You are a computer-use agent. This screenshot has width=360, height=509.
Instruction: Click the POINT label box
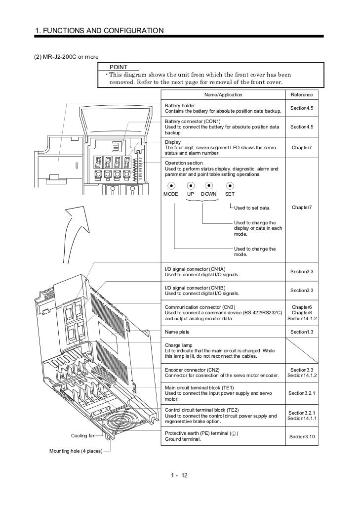[x=119, y=67]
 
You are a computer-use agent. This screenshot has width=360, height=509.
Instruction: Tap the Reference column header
[x=301, y=95]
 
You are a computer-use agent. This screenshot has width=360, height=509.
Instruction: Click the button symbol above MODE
[x=171, y=186]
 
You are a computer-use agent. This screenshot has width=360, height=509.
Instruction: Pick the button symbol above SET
[x=230, y=186]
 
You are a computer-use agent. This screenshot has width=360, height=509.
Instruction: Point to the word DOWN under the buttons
[x=209, y=194]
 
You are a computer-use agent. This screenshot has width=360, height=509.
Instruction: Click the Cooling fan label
[x=82, y=436]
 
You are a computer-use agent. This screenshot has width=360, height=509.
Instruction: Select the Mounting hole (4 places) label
[x=76, y=451]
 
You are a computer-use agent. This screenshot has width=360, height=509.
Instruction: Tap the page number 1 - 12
[x=179, y=476]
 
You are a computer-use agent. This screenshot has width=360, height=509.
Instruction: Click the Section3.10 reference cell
[x=301, y=436]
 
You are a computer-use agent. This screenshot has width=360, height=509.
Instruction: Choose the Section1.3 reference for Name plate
[x=301, y=332]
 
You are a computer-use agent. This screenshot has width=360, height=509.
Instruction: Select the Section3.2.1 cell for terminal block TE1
[x=301, y=393]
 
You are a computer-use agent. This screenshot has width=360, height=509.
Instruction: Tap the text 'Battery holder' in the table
[x=180, y=106]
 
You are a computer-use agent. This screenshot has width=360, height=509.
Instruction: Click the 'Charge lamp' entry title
[x=178, y=345]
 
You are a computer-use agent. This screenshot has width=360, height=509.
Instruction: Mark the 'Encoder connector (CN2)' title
[x=192, y=370]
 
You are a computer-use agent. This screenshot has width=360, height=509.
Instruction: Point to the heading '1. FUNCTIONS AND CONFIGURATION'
[x=99, y=31]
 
